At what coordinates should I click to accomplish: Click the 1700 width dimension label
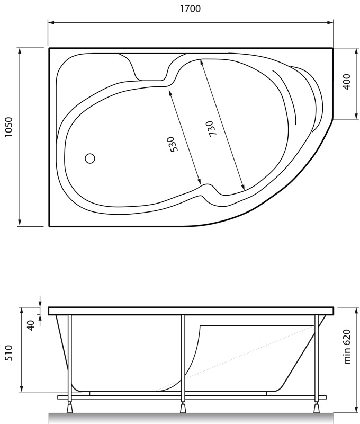[x=190, y=8]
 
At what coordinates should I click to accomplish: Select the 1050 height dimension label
[x=9, y=127]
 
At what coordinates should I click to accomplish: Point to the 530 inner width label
[x=173, y=144]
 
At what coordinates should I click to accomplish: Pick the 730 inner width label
[x=211, y=128]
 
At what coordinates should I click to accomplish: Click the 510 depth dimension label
[x=9, y=353]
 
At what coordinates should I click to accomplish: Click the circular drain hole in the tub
[x=90, y=158]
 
